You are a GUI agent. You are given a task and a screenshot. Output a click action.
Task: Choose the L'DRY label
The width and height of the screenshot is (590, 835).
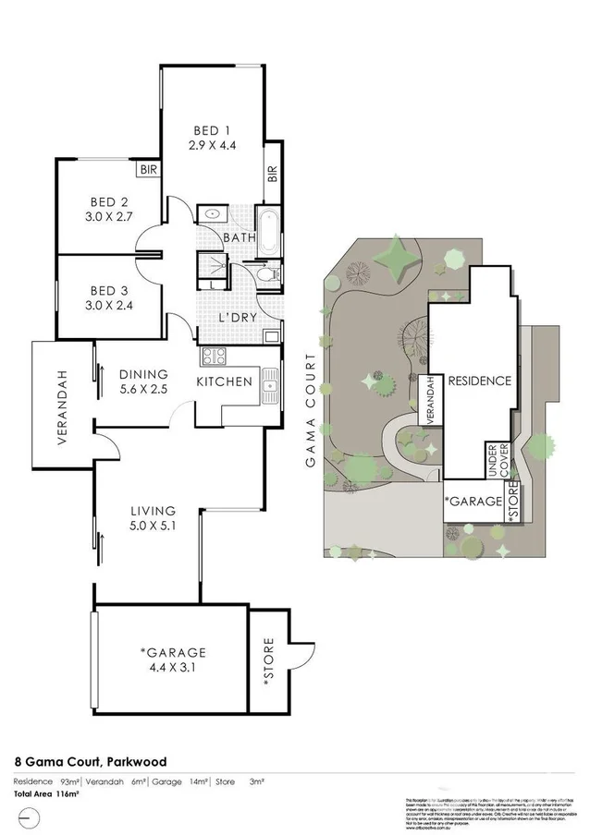[237, 317]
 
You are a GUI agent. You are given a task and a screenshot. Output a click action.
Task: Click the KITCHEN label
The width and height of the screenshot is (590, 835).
[225, 381]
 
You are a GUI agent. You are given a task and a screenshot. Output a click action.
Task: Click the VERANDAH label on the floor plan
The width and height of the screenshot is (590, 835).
[64, 407]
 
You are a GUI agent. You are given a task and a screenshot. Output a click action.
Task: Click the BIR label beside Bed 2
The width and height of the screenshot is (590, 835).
[148, 170]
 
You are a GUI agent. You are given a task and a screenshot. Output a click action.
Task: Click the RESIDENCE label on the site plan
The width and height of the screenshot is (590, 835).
[479, 381]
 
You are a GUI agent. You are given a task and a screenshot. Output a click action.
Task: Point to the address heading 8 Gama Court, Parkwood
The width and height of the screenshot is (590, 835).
[91, 762]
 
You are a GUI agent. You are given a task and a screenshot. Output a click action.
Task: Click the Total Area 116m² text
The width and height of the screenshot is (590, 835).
[46, 794]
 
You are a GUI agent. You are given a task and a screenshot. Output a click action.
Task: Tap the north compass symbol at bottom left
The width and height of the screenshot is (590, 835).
[29, 817]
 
